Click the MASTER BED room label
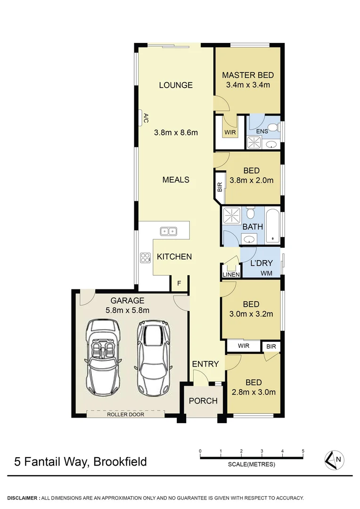point(248,75)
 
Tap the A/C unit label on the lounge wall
point(146,118)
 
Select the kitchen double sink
point(168,231)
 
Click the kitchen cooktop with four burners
point(144,257)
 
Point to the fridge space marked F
point(179,283)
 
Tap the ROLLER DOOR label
point(125,415)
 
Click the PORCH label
point(203,401)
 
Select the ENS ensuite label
point(262,131)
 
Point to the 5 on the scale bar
point(303,452)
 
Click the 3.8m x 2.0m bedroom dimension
point(252,180)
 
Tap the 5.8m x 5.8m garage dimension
point(127,310)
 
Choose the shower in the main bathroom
point(232,215)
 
